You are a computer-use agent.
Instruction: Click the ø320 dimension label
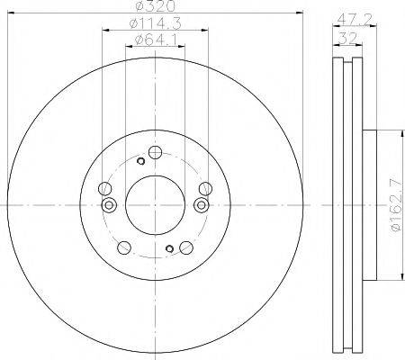155,6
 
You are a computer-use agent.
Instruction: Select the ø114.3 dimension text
155,23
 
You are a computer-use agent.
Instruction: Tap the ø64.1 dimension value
156,40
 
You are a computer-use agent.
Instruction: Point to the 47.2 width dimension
355,20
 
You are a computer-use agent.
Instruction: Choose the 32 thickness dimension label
348,38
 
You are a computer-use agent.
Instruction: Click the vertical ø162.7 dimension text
396,205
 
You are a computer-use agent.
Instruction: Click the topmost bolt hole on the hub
156,152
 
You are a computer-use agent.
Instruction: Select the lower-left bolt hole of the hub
124,247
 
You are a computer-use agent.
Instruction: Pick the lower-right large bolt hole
186,247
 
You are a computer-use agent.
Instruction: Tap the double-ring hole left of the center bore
109,205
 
